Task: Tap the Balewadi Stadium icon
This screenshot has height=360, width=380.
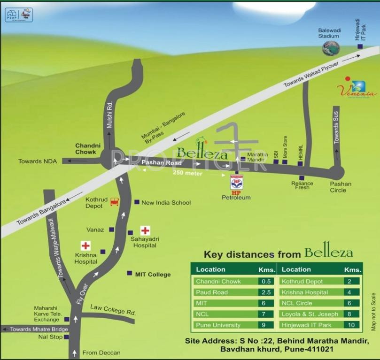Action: coord(331,48)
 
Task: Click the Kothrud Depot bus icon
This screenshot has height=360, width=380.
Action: coord(114,202)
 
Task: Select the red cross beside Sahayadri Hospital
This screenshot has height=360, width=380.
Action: coord(146,230)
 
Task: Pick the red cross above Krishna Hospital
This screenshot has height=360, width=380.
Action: coord(85,245)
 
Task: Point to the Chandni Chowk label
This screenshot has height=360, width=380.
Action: coord(86,149)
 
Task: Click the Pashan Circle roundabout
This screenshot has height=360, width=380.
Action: coord(337,172)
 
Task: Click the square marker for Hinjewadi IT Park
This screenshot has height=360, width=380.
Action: coord(360,47)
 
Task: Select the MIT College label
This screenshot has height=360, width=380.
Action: coord(153,274)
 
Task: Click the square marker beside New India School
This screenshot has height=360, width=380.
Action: coord(137,202)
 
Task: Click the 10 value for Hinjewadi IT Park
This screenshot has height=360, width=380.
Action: coord(351,325)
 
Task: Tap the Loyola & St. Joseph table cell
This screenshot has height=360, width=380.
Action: coord(309,314)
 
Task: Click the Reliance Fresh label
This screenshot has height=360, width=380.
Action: coord(302,185)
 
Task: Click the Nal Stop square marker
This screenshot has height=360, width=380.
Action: coord(66,337)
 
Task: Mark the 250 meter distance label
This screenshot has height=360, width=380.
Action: coord(187,173)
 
